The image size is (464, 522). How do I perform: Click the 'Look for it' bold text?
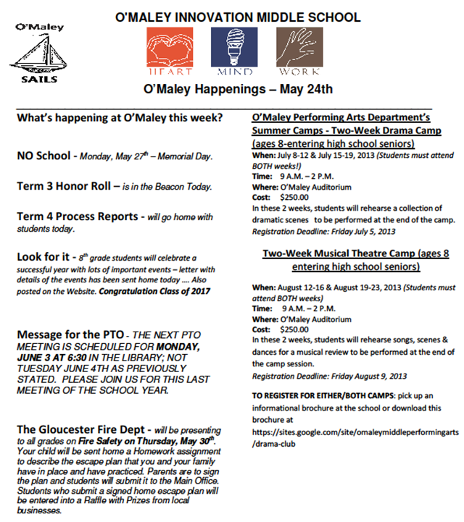pos(44,257)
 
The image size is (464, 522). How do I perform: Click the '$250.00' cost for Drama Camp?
pos(294,197)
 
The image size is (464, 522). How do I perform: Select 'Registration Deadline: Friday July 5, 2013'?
pos(323,232)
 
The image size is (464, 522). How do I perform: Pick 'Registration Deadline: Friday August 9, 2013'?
pos(329,376)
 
